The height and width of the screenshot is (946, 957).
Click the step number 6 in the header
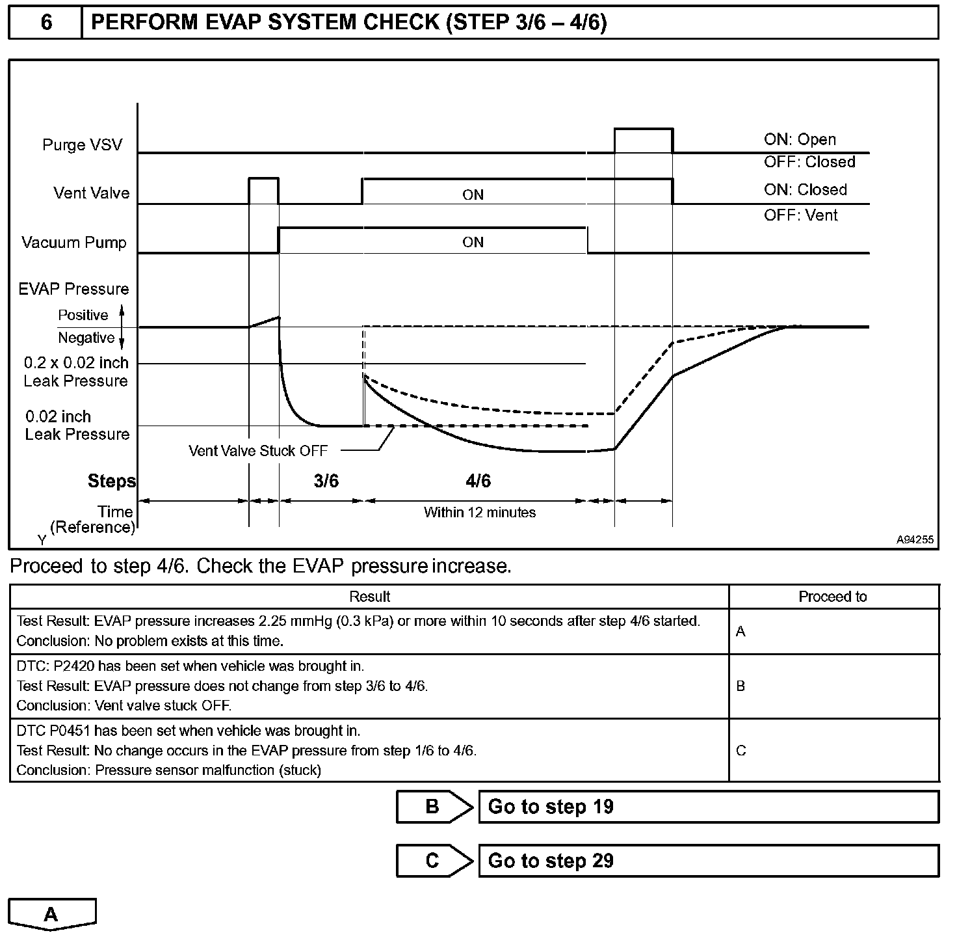pos(46,23)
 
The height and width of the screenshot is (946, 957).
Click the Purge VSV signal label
pos(82,144)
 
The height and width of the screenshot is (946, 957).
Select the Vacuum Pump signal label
pos(74,243)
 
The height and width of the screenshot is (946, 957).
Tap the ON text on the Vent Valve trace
pos(473,195)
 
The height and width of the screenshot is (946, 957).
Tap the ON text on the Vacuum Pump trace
pos(473,242)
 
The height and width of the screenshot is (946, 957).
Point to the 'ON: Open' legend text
pos(800,139)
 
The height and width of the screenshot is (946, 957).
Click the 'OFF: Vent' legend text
pos(800,215)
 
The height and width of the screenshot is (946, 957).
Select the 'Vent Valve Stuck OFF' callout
pos(258,450)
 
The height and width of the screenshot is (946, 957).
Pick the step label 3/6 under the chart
pos(326,481)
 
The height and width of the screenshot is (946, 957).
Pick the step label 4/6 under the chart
pos(478,481)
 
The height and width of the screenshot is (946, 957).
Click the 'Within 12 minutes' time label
pos(479,512)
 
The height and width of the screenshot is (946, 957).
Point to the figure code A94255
pos(914,539)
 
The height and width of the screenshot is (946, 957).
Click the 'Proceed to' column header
pos(832,597)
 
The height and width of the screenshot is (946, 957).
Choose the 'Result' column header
pos(369,597)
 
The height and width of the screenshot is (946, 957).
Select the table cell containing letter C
pos(741,750)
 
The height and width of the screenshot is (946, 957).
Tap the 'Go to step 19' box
pos(708,807)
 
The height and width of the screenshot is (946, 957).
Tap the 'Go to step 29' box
pos(708,861)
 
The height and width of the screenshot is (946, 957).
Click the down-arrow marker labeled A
pos(51,914)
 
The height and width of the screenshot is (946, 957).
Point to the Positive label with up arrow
pos(83,315)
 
